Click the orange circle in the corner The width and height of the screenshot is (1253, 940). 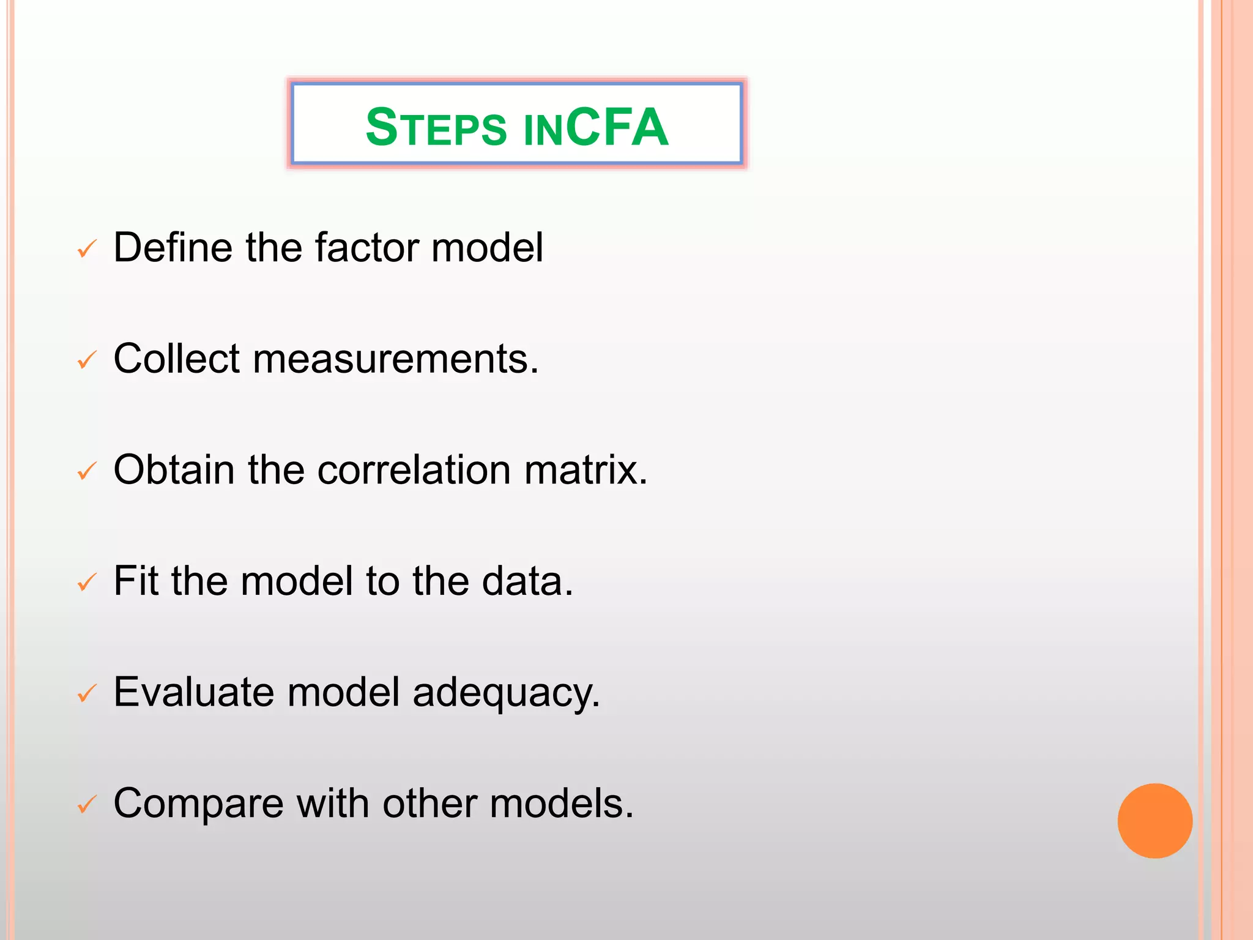coord(1154,821)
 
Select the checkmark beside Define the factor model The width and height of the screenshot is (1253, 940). coord(87,249)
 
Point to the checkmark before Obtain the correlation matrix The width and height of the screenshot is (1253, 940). coord(87,471)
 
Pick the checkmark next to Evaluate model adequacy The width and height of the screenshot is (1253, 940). coord(87,693)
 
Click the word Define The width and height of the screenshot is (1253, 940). coord(173,247)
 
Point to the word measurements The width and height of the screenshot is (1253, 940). coord(395,359)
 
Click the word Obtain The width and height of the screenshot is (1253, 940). coord(174,470)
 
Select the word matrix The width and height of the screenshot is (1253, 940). coord(584,470)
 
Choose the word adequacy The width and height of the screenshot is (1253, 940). coord(505,693)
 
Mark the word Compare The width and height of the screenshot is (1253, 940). coord(198,804)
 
